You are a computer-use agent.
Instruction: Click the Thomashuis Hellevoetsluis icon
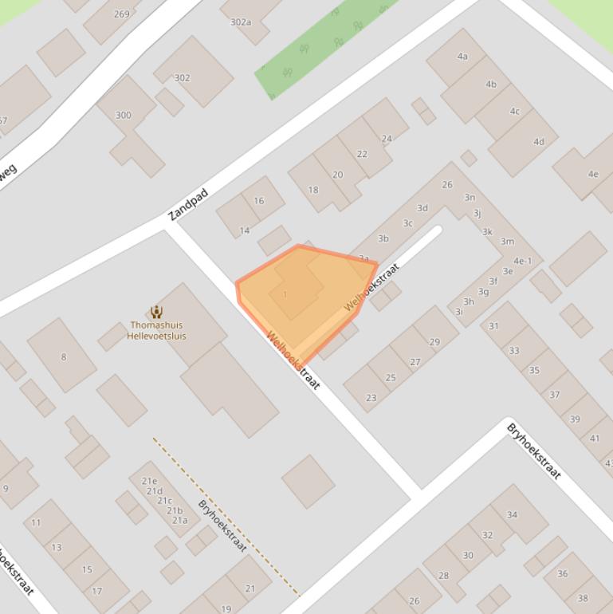tap(156, 312)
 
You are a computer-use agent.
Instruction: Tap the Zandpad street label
tap(188, 205)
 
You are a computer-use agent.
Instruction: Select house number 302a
tap(241, 22)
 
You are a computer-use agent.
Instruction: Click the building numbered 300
tap(123, 115)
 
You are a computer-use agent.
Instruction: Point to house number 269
tap(122, 14)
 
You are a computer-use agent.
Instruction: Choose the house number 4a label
tap(462, 56)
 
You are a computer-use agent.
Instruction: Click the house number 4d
tap(539, 142)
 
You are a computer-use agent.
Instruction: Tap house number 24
tap(387, 138)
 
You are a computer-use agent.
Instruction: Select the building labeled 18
tap(313, 190)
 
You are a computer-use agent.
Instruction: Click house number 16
tap(259, 201)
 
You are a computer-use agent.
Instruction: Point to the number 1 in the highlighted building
tap(285, 295)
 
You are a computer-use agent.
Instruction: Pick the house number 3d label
tap(422, 208)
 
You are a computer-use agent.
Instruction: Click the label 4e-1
tap(522, 261)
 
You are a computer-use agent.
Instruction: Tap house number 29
tap(434, 342)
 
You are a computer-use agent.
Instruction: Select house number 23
tap(371, 397)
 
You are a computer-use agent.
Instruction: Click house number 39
tap(575, 419)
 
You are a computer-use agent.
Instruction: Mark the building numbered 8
tap(64, 356)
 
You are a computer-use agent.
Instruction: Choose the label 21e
tap(149, 481)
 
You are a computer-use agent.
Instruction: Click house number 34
tap(512, 514)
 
